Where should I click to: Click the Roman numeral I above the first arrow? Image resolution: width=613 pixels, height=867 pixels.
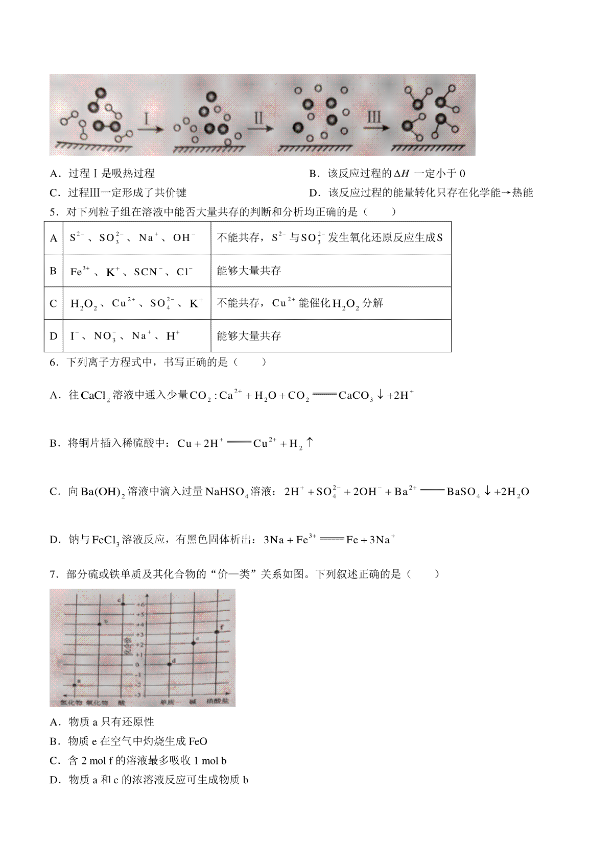point(147,119)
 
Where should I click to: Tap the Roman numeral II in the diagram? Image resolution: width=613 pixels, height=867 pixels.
point(259,118)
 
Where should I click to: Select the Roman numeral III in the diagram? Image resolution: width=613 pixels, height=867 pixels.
point(374,117)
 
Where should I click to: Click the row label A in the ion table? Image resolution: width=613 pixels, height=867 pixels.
point(54,238)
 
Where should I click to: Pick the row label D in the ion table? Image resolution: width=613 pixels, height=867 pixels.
point(54,336)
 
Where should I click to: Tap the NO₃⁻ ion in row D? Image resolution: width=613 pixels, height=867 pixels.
point(105,336)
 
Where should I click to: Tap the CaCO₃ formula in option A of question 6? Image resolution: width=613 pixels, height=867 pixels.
point(356,396)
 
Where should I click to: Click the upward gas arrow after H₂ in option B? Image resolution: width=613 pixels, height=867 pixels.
point(310,443)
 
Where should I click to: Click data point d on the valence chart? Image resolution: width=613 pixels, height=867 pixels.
point(170,664)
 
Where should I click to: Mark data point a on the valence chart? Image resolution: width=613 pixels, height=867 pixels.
point(75,685)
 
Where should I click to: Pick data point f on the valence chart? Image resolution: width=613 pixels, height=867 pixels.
point(217,632)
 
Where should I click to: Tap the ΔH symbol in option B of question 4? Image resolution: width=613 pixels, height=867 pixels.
point(402,174)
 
